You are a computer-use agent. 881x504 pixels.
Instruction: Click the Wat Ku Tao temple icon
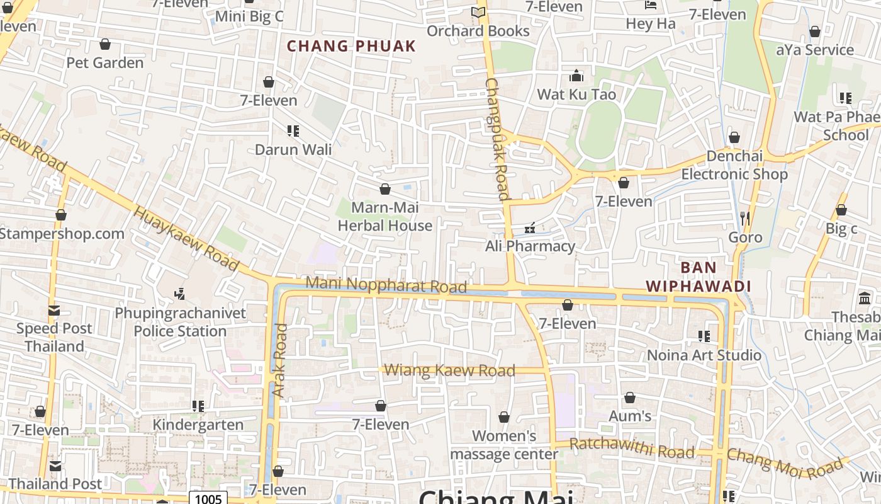[576, 76]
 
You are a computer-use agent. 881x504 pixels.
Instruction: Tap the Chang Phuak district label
[351, 46]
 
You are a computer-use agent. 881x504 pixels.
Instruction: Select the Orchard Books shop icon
[478, 13]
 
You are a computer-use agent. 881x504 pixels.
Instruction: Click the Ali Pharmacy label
[530, 246]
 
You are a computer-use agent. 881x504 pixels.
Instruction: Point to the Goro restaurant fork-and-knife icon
[745, 219]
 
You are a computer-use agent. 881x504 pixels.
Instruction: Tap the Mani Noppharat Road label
[386, 285]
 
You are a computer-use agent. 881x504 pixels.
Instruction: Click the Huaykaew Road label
[186, 238]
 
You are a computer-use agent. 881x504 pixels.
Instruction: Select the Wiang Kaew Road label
[449, 370]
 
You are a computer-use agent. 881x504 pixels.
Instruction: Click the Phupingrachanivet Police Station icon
[180, 294]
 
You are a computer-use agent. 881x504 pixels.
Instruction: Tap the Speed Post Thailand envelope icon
[54, 311]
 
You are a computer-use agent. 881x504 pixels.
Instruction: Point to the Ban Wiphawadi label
[699, 277]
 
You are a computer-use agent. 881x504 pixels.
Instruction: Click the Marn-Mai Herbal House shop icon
[385, 189]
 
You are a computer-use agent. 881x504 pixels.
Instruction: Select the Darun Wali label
[293, 149]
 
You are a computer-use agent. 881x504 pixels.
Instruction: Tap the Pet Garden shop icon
[105, 45]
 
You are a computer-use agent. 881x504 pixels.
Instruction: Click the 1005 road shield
[208, 499]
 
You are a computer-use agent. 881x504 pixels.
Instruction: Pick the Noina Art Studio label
[704, 355]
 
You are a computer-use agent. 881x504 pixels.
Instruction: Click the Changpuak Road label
[497, 139]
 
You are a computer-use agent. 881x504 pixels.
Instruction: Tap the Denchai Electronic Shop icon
[734, 137]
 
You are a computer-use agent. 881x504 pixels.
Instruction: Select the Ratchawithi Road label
[632, 449]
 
